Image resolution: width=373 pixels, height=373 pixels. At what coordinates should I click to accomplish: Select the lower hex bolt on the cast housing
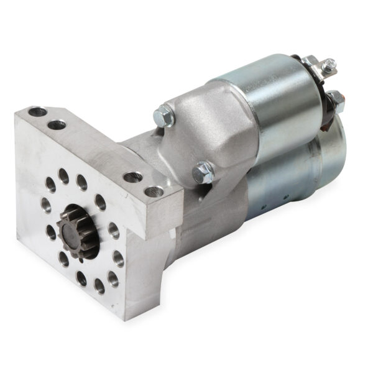(203, 172)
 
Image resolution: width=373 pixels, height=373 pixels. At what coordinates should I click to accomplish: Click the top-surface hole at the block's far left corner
(37, 113)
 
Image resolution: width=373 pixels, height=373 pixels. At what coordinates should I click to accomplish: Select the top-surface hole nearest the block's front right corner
(154, 191)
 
